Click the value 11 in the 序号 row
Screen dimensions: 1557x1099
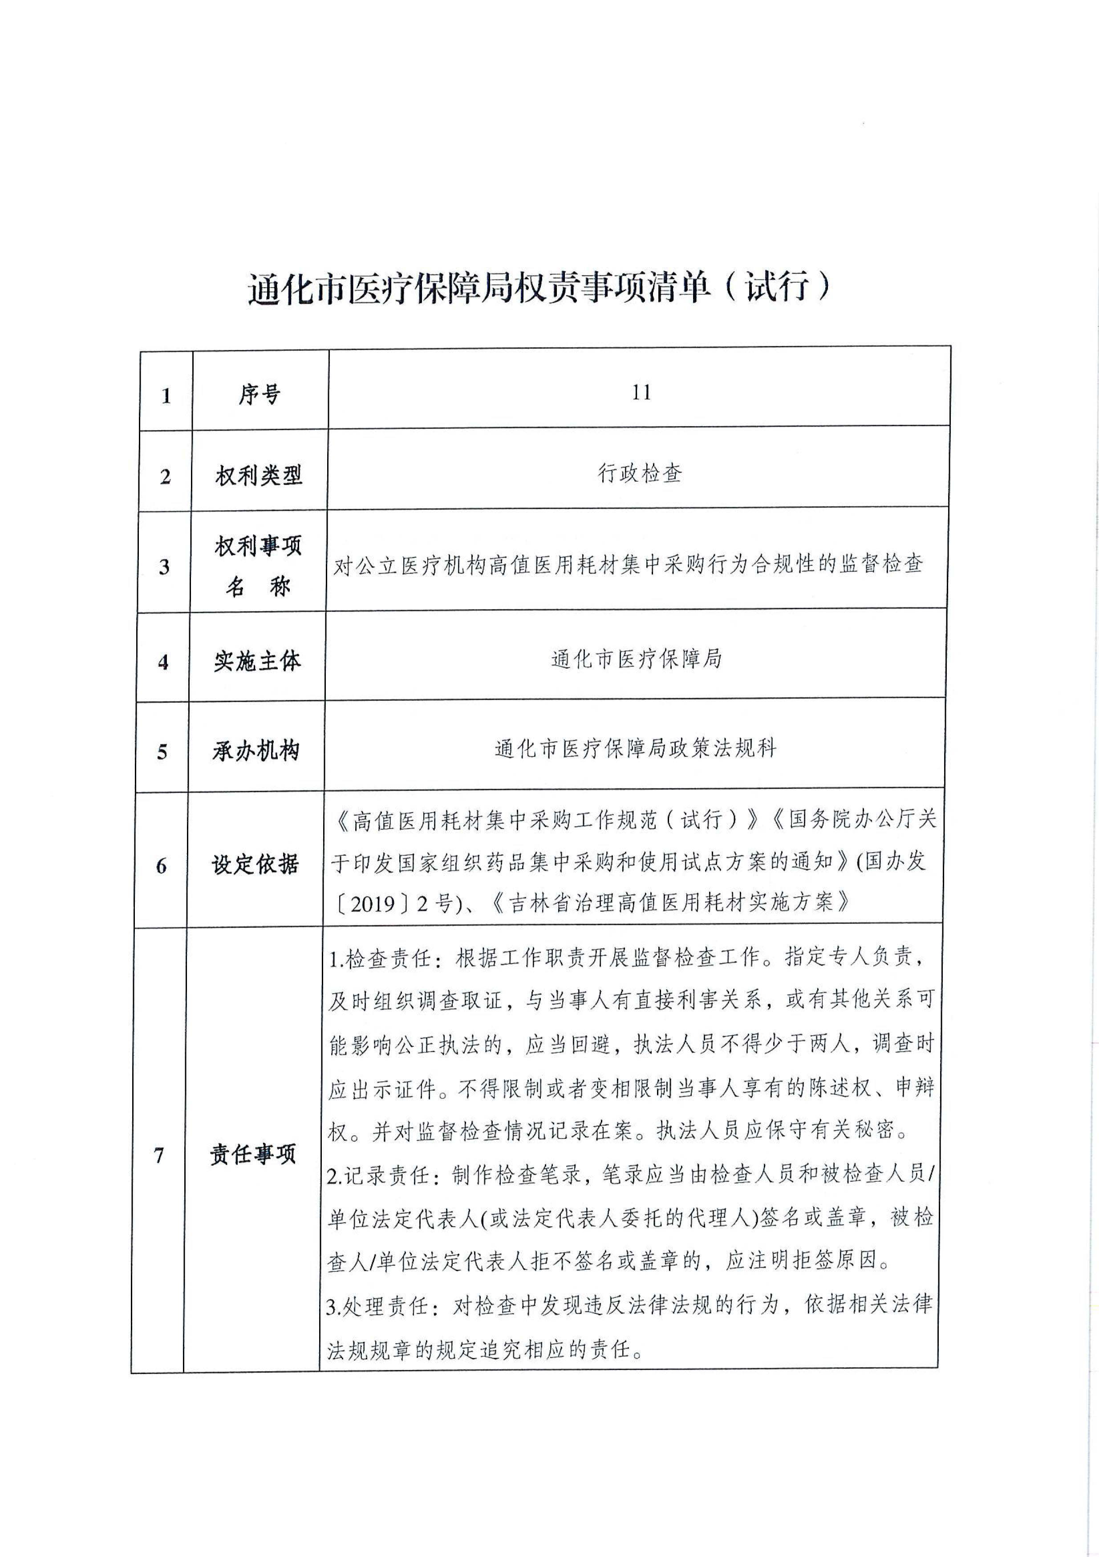point(641,393)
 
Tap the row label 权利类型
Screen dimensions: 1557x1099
point(258,476)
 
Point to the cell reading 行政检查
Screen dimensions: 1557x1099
point(639,473)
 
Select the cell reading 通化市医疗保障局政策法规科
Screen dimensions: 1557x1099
point(635,748)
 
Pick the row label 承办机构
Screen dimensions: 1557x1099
point(255,751)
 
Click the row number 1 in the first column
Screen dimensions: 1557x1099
point(166,396)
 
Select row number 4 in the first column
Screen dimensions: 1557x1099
point(163,662)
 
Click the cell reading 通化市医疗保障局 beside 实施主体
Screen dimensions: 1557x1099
point(637,659)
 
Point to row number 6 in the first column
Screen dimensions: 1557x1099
point(162,866)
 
